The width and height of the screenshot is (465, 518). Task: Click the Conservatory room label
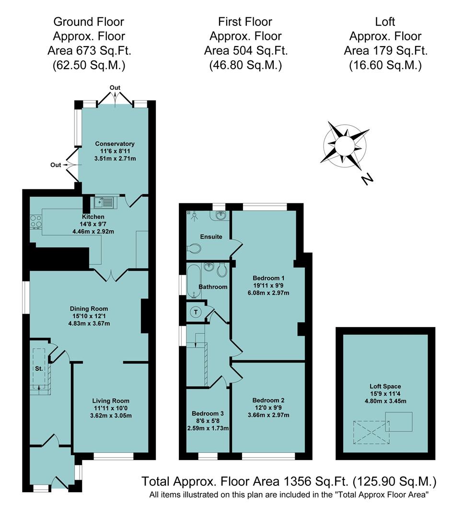115,144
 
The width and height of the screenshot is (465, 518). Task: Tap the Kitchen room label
93,217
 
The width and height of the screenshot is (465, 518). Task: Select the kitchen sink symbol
103,203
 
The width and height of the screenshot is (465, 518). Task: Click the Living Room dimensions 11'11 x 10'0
111,408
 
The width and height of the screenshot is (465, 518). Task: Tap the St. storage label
38,369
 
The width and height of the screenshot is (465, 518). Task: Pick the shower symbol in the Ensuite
194,215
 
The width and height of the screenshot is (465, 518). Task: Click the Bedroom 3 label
207,413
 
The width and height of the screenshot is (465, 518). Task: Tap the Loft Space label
385,386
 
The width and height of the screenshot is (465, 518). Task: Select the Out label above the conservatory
115,88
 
